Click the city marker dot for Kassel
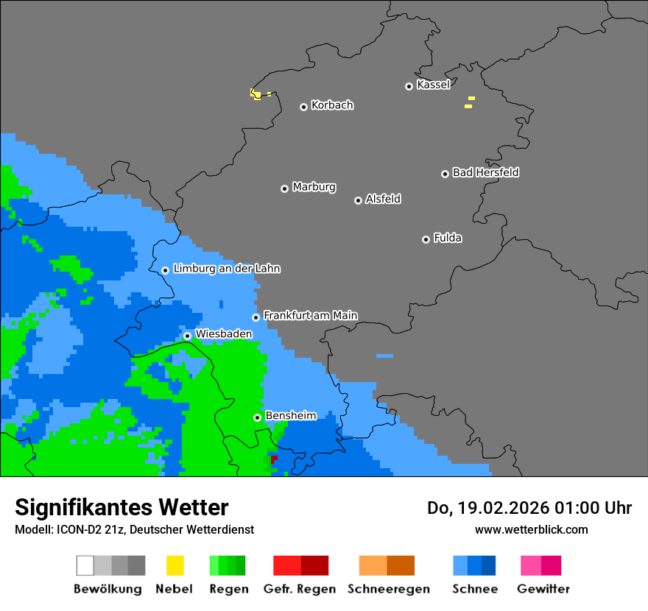[409, 86]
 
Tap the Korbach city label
[332, 105]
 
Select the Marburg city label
[314, 187]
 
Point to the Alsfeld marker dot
[358, 200]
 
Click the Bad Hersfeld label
[485, 172]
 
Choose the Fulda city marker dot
[426, 239]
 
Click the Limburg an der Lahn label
[226, 269]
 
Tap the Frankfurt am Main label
[310, 316]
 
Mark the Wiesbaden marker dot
[187, 336]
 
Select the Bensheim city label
[290, 416]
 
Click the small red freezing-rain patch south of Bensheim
[274, 459]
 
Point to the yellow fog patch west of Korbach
[255, 93]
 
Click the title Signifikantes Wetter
[121, 507]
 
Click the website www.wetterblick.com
[531, 529]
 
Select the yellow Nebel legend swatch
[175, 565]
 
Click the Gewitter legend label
[543, 589]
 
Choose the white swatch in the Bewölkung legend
[85, 565]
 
